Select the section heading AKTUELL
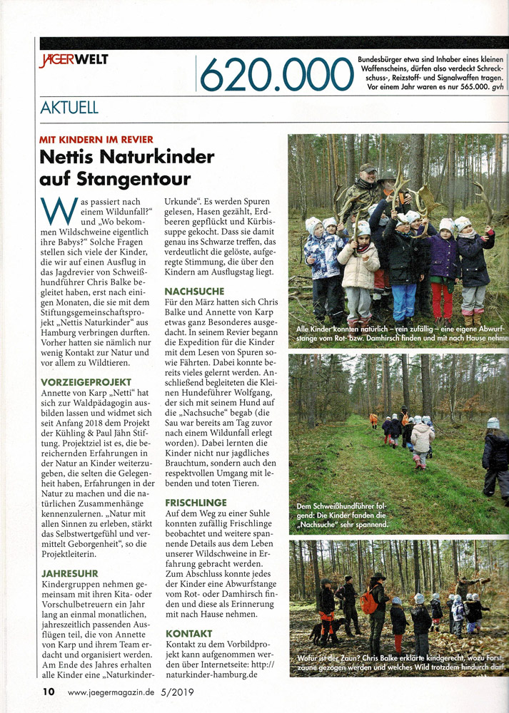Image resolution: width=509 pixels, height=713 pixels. click(x=69, y=108)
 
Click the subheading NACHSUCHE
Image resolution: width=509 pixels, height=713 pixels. click(x=194, y=292)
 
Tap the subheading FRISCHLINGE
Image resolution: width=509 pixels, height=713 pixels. click(x=196, y=503)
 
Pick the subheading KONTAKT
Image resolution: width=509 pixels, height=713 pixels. click(x=188, y=633)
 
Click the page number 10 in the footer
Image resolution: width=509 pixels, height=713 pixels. click(x=48, y=691)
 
